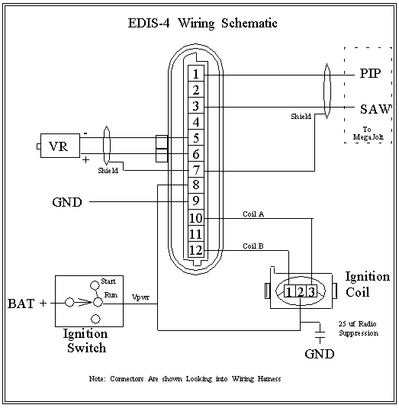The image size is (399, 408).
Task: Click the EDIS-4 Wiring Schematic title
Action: pyautogui.click(x=202, y=23)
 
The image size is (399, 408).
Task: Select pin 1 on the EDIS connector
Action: pyautogui.click(x=196, y=74)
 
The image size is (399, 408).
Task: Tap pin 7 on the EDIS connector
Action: pyautogui.click(x=196, y=170)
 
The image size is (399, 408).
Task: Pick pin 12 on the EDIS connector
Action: pyautogui.click(x=196, y=250)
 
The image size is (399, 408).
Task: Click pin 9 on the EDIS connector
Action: pyautogui.click(x=196, y=201)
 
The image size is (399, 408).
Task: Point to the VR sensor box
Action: pyautogui.click(x=60, y=146)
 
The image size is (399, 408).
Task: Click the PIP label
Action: pyautogui.click(x=370, y=73)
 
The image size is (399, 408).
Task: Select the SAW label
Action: pyautogui.click(x=375, y=109)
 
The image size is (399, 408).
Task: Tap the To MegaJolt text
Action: pyautogui.click(x=368, y=133)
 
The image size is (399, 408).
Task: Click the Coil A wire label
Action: pyautogui.click(x=253, y=214)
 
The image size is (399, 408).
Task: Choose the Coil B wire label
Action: pyautogui.click(x=253, y=246)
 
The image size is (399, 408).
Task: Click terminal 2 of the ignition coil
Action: pyautogui.click(x=301, y=291)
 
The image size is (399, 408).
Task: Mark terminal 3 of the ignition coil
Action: pyautogui.click(x=311, y=291)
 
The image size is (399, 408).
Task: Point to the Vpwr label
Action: pyautogui.click(x=140, y=297)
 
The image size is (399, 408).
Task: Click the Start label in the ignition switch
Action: pyautogui.click(x=108, y=281)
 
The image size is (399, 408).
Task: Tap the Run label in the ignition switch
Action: pyautogui.click(x=111, y=294)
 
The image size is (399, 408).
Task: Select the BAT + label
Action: pyautogui.click(x=27, y=304)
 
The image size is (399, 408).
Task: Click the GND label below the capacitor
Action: pyautogui.click(x=320, y=354)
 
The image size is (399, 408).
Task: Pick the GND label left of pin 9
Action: pyautogui.click(x=67, y=202)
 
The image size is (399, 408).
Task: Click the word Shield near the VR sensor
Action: pyautogui.click(x=108, y=171)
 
